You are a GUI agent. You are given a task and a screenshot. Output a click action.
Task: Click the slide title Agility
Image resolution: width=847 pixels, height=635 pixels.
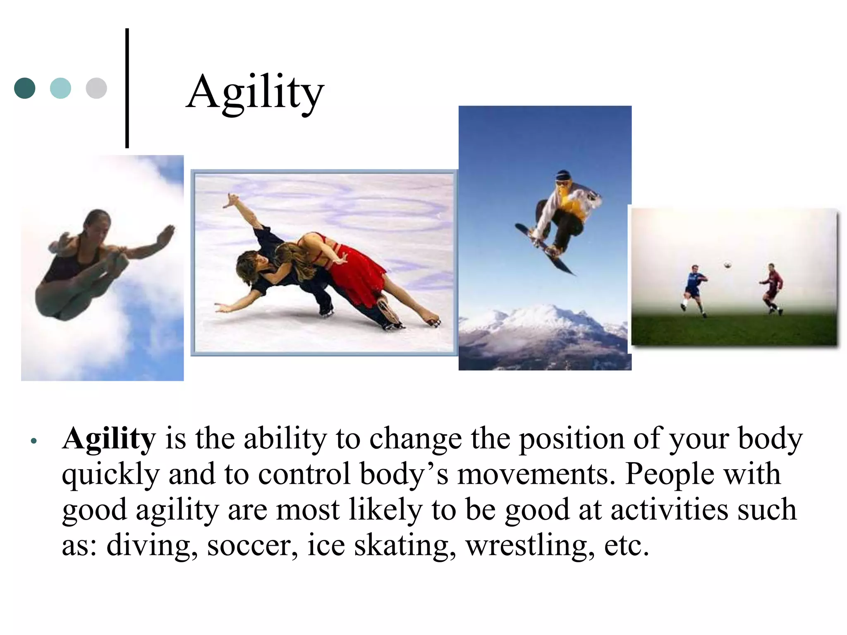coord(255,92)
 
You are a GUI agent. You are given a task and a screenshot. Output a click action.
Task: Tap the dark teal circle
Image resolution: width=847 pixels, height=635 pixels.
coord(25,88)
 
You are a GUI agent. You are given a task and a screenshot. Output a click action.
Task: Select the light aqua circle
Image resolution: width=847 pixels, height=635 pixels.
coord(60,88)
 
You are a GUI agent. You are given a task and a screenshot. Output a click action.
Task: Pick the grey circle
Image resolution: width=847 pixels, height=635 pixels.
coord(96,88)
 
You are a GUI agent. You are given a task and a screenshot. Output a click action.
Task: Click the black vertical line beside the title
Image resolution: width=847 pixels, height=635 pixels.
coord(127,88)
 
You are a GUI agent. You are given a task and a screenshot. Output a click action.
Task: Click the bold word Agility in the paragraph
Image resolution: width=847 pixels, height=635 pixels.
coord(109,439)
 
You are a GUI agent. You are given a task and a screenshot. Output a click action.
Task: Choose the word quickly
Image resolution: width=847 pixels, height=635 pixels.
coord(110,475)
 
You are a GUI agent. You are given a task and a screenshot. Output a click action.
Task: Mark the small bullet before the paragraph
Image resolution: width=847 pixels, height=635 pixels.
coord(34,441)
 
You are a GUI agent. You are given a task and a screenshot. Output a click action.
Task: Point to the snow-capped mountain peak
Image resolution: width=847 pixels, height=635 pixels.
coord(538,314)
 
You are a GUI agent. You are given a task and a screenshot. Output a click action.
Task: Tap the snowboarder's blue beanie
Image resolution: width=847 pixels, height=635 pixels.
coord(563,174)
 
